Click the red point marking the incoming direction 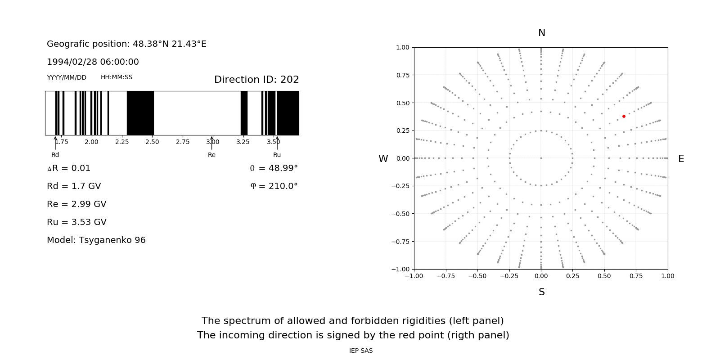(x=624, y=116)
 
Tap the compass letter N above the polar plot (x=541, y=33)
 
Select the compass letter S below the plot (x=541, y=292)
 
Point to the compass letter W (x=383, y=159)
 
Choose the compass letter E (x=681, y=159)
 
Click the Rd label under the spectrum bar (x=55, y=155)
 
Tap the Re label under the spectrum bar (x=211, y=155)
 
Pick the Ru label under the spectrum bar (x=277, y=155)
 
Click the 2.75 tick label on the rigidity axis (x=183, y=142)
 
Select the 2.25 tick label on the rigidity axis (x=122, y=142)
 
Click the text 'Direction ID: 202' (x=256, y=80)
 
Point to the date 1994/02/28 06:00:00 (x=93, y=62)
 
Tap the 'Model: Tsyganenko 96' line (x=96, y=240)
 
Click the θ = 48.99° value (x=274, y=168)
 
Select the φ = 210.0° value (x=274, y=186)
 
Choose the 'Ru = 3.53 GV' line (x=76, y=222)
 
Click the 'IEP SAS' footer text (x=360, y=351)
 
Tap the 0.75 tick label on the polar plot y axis (x=402, y=75)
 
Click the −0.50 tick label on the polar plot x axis (x=477, y=276)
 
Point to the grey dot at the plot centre (x=541, y=158)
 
